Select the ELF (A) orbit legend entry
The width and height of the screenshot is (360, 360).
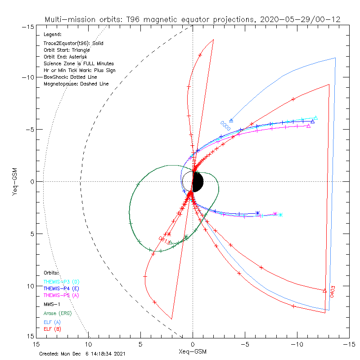[x=52, y=322]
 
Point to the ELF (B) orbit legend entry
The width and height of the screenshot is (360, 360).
[x=52, y=329]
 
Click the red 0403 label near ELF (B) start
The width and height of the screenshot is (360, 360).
[x=333, y=291]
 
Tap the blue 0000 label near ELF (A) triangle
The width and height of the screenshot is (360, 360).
[x=225, y=125]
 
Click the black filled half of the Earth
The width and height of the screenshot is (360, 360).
[x=198, y=182]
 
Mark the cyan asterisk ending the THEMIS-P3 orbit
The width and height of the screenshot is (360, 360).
[x=280, y=215]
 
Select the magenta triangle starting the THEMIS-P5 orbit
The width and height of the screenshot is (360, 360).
[x=308, y=126]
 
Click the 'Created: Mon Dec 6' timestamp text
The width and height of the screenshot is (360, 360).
[x=83, y=354]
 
